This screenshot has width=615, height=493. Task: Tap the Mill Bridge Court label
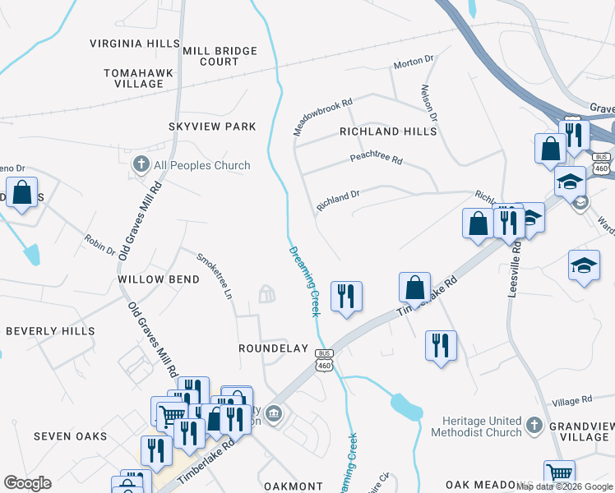[x=220, y=56]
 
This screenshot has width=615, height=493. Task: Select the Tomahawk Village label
[x=138, y=78]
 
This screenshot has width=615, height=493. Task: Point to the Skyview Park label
[x=212, y=127]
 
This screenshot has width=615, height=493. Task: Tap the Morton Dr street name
[x=413, y=61]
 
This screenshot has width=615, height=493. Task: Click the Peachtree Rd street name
[x=376, y=159]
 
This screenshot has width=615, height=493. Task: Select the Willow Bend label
[x=159, y=279]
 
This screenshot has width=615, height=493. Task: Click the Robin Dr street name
[x=99, y=244]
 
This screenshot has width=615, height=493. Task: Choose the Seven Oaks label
[x=70, y=436]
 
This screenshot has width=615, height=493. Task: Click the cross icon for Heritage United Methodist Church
[x=534, y=425]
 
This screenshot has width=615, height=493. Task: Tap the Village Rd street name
[x=572, y=400]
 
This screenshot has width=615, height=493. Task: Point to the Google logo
[x=27, y=483]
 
